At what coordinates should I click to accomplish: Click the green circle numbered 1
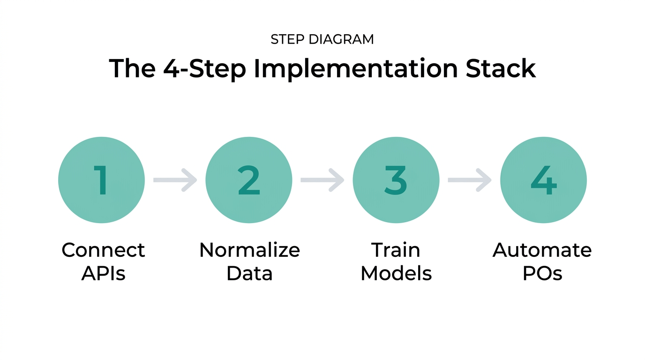(101, 180)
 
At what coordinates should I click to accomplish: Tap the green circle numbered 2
(249, 180)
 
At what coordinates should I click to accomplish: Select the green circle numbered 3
(396, 180)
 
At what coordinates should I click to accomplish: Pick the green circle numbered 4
(543, 180)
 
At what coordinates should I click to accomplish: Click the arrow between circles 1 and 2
(175, 180)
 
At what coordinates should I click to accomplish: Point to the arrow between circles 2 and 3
(322, 180)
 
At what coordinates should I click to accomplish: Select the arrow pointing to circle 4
(469, 180)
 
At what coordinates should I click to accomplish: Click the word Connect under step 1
(103, 250)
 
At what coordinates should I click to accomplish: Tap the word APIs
(103, 273)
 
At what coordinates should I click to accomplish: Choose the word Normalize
(249, 250)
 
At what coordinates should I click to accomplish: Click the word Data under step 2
(249, 273)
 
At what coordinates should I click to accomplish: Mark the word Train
(396, 250)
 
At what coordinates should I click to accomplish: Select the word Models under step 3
(396, 273)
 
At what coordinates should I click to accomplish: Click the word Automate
(542, 250)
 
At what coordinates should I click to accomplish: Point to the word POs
(542, 273)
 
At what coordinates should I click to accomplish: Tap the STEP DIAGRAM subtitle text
(322, 40)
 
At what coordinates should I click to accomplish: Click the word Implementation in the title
(354, 69)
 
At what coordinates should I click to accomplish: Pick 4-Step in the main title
(204, 69)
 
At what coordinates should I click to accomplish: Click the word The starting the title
(132, 68)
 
